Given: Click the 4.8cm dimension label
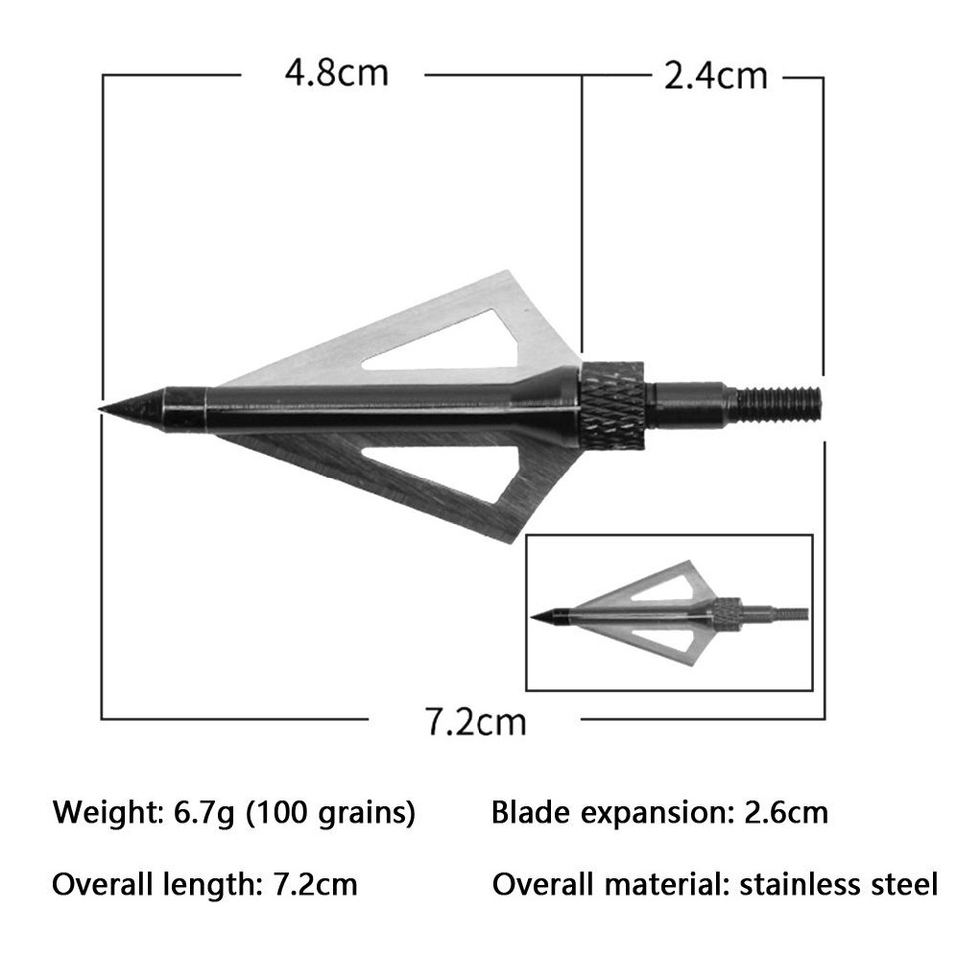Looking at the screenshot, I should [x=335, y=73].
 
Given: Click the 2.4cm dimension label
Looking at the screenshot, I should [x=716, y=76].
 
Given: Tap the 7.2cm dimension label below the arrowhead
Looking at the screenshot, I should [x=476, y=720].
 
